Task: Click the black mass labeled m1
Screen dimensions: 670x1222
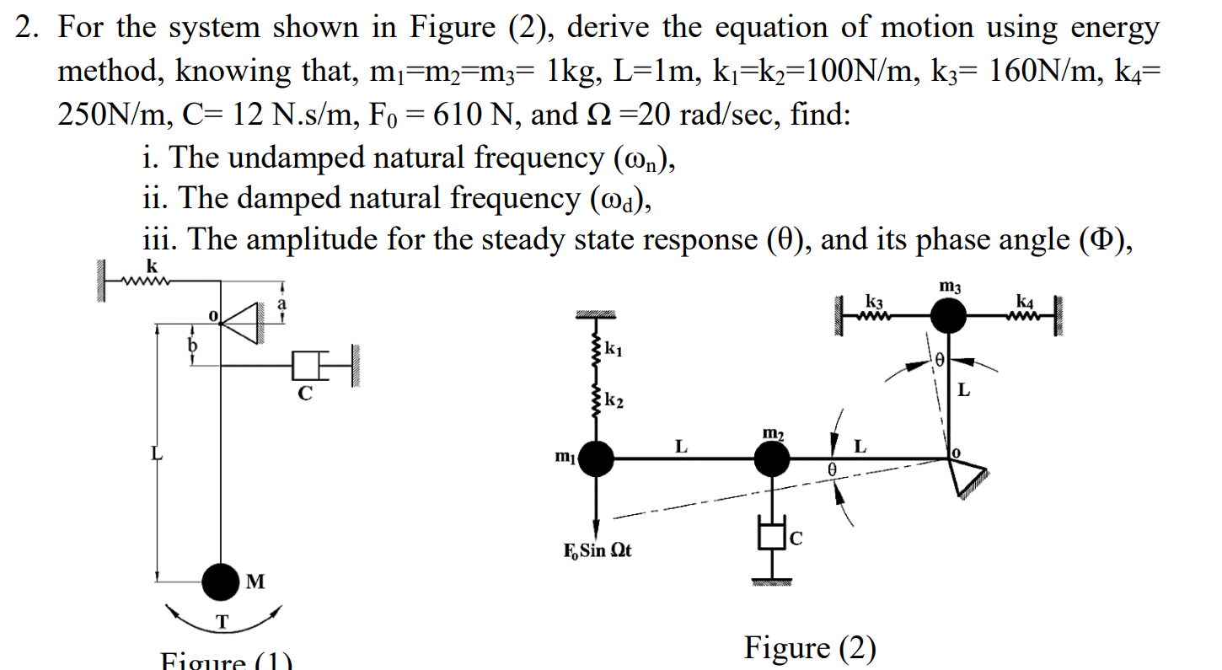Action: tap(597, 458)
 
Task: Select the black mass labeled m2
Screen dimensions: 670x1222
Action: tap(772, 459)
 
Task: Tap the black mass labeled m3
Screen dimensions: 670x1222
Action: tap(949, 318)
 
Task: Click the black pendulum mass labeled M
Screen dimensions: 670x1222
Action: tap(221, 580)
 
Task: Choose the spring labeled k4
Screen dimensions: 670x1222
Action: tap(1024, 318)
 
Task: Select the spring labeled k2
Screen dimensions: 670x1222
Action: tap(598, 400)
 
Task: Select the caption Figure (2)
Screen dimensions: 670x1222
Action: tap(810, 647)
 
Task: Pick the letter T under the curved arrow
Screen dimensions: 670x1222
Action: tap(222, 623)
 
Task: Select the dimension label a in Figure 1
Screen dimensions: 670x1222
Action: tap(283, 302)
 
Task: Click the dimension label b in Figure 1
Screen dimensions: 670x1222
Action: tap(192, 346)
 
